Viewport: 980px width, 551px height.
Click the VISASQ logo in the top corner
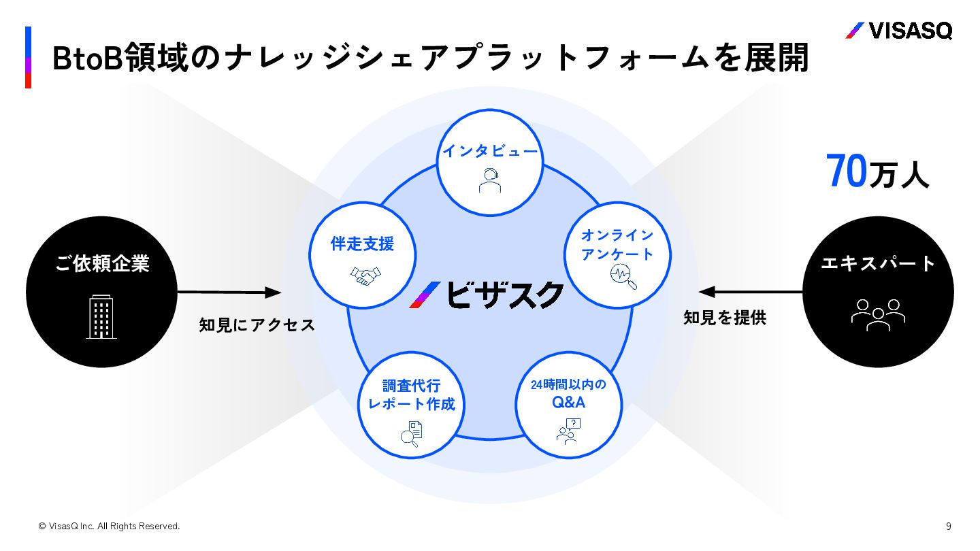point(898,31)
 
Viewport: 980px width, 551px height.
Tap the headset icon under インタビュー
point(489,180)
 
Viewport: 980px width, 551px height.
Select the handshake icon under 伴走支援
point(365,275)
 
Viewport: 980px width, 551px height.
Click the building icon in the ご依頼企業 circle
point(101,317)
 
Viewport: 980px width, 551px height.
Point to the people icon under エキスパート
point(878,315)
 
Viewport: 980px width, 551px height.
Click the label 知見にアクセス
point(257,325)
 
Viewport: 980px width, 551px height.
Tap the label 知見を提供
point(725,318)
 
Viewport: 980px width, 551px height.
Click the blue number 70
point(847,171)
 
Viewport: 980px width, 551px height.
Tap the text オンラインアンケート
point(617,245)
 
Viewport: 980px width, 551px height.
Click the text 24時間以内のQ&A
point(568,393)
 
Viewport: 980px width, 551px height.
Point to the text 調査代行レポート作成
point(411,395)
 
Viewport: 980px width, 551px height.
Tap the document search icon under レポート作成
point(411,433)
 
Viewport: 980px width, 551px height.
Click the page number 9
point(949,526)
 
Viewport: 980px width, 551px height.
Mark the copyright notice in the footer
point(109,526)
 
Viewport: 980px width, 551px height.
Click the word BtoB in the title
point(86,58)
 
